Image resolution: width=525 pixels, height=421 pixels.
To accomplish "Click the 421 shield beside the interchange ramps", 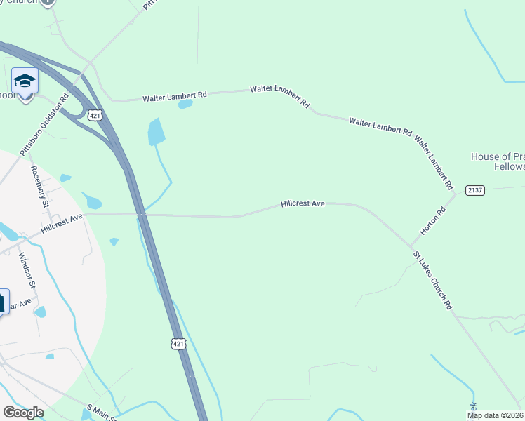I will (93, 114).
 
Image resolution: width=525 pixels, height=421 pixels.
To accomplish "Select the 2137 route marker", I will (475, 191).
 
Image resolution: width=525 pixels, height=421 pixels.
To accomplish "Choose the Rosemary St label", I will (39, 186).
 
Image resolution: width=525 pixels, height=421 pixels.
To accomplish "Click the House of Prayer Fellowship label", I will (497, 161).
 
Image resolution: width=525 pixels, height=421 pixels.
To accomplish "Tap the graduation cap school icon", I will (25, 81).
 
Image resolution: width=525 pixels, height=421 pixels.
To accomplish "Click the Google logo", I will (23, 413).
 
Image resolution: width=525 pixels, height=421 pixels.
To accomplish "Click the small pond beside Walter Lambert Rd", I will (185, 105).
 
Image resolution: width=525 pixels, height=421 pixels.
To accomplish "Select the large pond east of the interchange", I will (156, 131).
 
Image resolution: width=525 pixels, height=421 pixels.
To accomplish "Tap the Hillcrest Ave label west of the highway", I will (62, 224).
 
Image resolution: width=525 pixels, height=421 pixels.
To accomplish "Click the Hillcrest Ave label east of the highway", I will (303, 203).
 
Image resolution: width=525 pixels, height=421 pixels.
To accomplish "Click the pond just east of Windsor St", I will (40, 312).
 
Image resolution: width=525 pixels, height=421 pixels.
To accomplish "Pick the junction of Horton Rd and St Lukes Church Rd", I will (411, 246).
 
